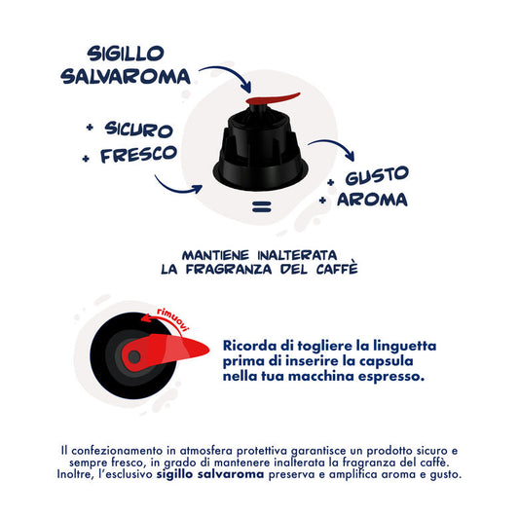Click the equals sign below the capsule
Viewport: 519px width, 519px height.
[260, 206]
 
